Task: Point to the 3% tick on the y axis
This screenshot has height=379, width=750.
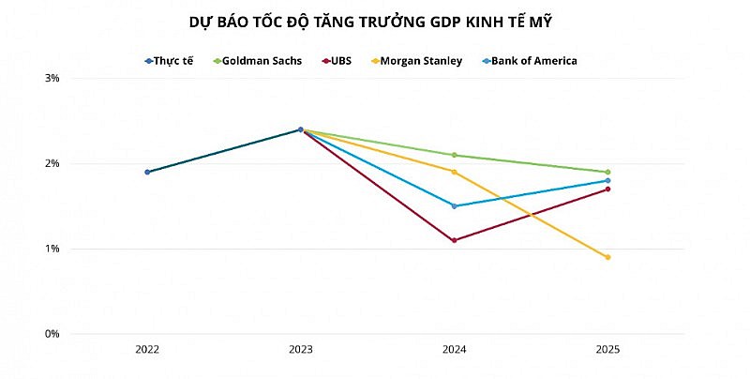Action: [x=52, y=79]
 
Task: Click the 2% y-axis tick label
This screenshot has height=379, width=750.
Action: [x=52, y=164]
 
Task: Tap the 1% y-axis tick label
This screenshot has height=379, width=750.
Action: [x=52, y=249]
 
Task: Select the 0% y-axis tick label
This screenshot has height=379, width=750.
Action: [x=52, y=334]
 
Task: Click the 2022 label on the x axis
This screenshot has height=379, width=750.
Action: [x=147, y=350]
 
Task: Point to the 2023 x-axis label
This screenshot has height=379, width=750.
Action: [x=301, y=350]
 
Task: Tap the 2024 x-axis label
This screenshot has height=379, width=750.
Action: [x=455, y=350]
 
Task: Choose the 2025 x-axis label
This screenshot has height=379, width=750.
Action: [x=607, y=350]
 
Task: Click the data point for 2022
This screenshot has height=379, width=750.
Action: [x=147, y=172]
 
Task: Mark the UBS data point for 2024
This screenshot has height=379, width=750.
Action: [x=455, y=240]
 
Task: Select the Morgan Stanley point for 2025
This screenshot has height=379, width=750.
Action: [x=607, y=257]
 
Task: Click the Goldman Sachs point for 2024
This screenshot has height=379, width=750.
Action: [x=455, y=155]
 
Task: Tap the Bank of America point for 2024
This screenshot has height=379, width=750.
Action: [x=455, y=206]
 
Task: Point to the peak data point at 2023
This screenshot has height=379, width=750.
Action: [x=301, y=129]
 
